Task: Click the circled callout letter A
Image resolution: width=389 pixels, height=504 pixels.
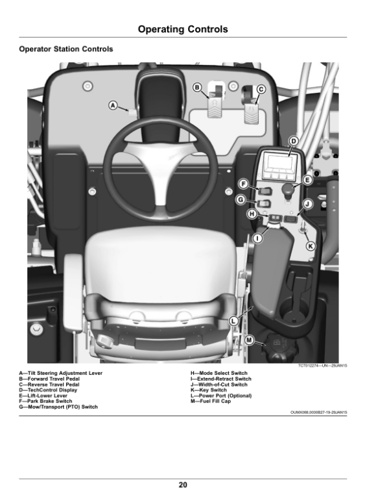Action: pos(113,105)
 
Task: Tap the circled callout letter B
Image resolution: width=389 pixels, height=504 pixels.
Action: pos(197,88)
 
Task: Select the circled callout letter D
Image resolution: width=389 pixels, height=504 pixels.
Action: pos(293,141)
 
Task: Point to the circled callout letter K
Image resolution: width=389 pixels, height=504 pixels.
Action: pos(311,246)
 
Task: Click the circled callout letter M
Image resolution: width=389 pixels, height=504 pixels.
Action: pos(249,340)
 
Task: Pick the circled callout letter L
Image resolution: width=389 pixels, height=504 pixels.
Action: pos(233,321)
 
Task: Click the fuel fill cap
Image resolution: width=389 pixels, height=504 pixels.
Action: pos(279,347)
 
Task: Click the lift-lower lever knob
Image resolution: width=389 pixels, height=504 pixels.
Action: pos(289,189)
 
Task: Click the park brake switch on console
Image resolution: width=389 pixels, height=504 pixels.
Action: pos(265,192)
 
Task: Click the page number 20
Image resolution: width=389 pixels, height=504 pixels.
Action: pos(183,485)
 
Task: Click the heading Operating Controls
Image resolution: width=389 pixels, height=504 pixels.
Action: pos(183,29)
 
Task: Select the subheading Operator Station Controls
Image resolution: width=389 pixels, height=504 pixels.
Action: pos(66,49)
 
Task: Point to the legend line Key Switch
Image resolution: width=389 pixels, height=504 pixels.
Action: pos(209,390)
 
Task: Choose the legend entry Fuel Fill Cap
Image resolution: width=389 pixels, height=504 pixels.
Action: pos(211,401)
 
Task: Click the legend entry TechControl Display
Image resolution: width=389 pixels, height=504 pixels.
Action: pos(48,390)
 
